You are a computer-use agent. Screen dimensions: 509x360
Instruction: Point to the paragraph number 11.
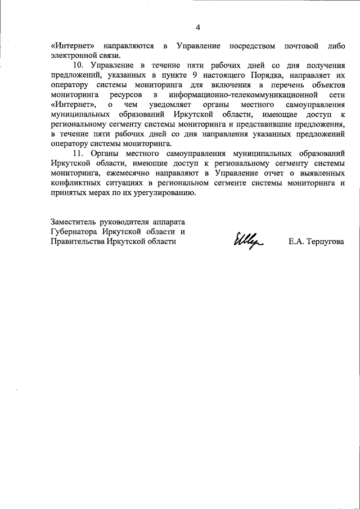pyautogui.click(x=79, y=153)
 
